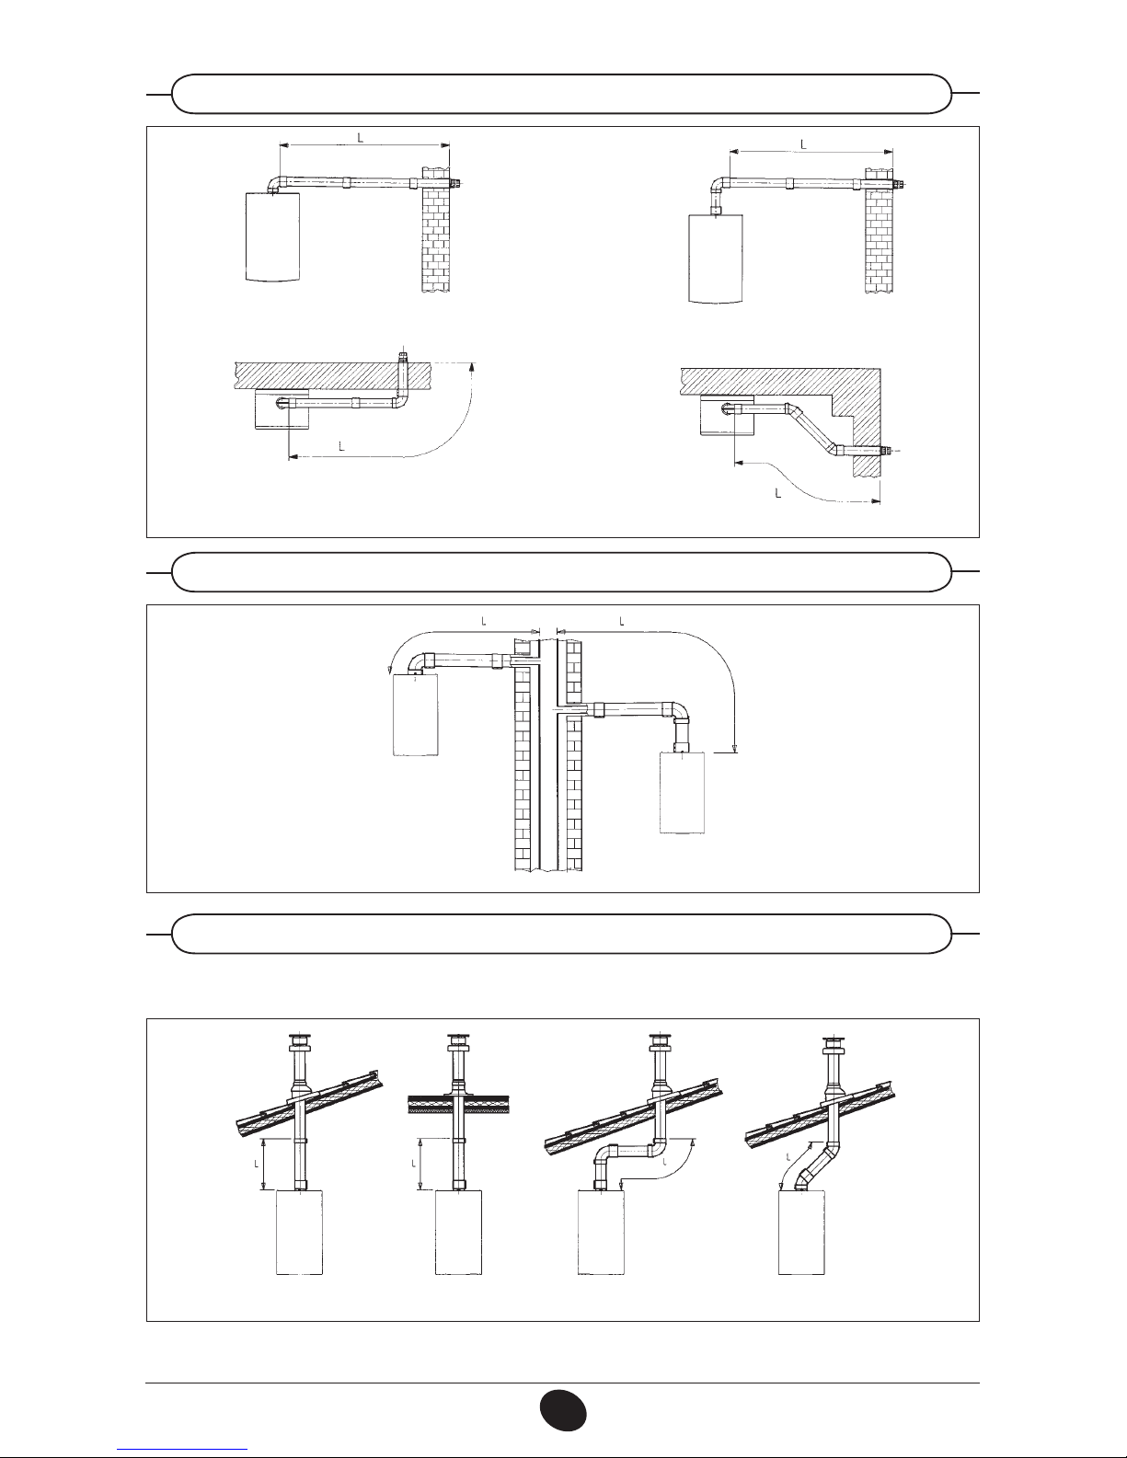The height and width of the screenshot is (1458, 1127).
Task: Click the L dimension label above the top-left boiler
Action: click(361, 138)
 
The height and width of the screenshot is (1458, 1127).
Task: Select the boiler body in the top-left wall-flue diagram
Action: click(271, 236)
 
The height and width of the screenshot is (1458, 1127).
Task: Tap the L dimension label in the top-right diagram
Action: click(803, 144)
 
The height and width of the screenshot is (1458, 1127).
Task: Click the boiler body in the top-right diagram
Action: click(717, 258)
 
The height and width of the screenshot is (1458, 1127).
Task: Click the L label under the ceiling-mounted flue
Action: click(341, 446)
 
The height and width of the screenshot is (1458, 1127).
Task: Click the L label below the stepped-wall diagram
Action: click(778, 493)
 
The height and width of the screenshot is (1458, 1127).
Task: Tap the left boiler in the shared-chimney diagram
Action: click(415, 715)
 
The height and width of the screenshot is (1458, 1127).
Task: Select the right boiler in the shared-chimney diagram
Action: click(683, 792)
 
